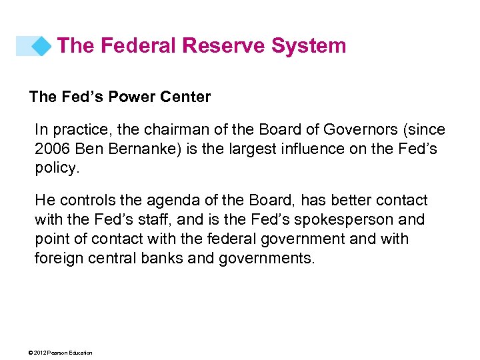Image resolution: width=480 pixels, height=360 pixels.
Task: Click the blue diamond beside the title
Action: pyautogui.click(x=41, y=46)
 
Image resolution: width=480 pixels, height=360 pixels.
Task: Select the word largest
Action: pyautogui.click(x=245, y=149)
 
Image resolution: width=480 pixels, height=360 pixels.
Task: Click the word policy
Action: pyautogui.click(x=55, y=167)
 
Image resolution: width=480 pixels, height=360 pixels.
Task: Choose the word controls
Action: pyautogui.click(x=86, y=200)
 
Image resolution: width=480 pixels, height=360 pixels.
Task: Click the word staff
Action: pyautogui.click(x=149, y=219)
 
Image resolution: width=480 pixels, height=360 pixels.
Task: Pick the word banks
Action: pyautogui.click(x=163, y=258)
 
